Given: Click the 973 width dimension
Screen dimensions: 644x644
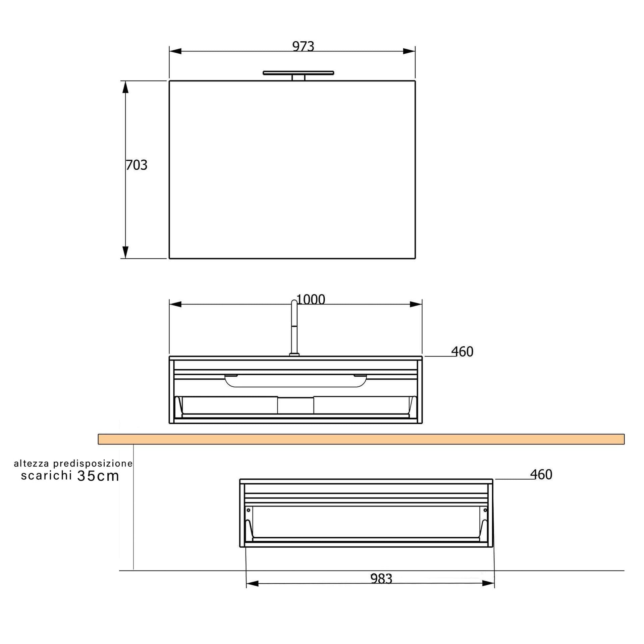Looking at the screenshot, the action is (x=303, y=46).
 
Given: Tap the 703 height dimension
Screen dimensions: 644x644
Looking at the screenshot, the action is (x=137, y=165).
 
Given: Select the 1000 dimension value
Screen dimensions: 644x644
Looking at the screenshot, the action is (x=311, y=299).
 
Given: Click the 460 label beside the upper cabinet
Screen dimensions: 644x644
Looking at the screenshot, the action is (x=462, y=352).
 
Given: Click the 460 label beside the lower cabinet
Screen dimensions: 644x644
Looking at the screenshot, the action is (x=541, y=475).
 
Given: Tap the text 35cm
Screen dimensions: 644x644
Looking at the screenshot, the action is (x=98, y=476).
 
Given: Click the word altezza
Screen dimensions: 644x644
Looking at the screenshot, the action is (x=32, y=464).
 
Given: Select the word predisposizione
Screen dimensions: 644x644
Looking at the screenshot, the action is (x=93, y=464).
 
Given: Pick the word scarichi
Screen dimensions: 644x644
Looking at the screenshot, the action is (x=47, y=475).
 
